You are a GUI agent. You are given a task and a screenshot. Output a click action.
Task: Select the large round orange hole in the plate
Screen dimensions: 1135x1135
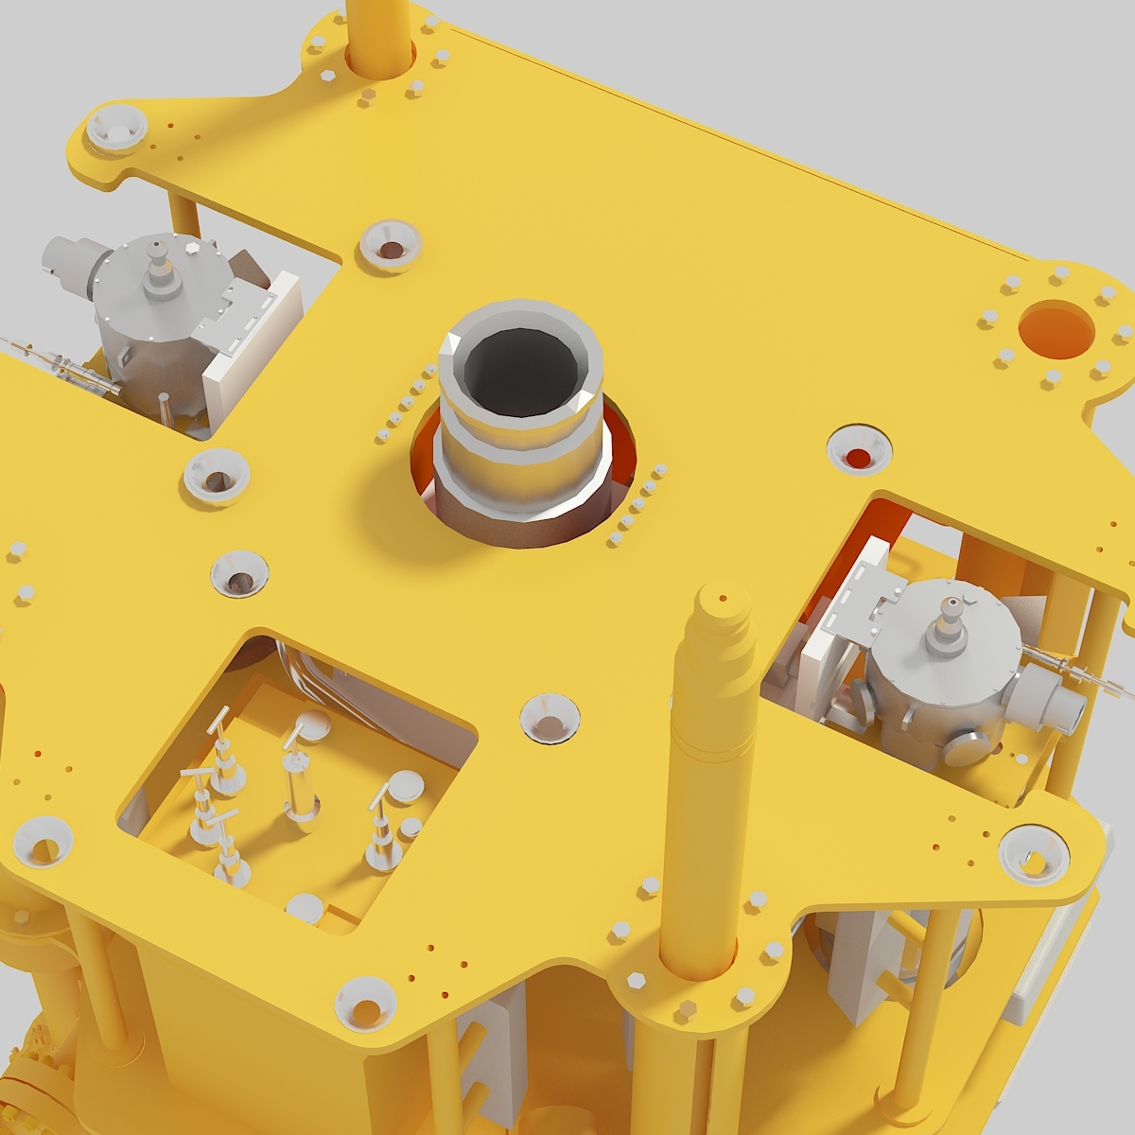coord(1056,329)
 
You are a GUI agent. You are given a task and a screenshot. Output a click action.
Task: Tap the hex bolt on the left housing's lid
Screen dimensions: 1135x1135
coord(193,247)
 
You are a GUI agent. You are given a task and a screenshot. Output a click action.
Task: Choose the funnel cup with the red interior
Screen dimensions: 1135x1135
coord(859,451)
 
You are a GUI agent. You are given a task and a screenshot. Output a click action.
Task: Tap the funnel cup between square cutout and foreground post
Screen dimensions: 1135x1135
coord(550,718)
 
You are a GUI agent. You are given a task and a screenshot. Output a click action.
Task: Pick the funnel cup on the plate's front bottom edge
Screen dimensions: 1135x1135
coord(365,1004)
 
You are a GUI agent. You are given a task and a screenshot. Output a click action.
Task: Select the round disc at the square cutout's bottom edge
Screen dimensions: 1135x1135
coord(305,909)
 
